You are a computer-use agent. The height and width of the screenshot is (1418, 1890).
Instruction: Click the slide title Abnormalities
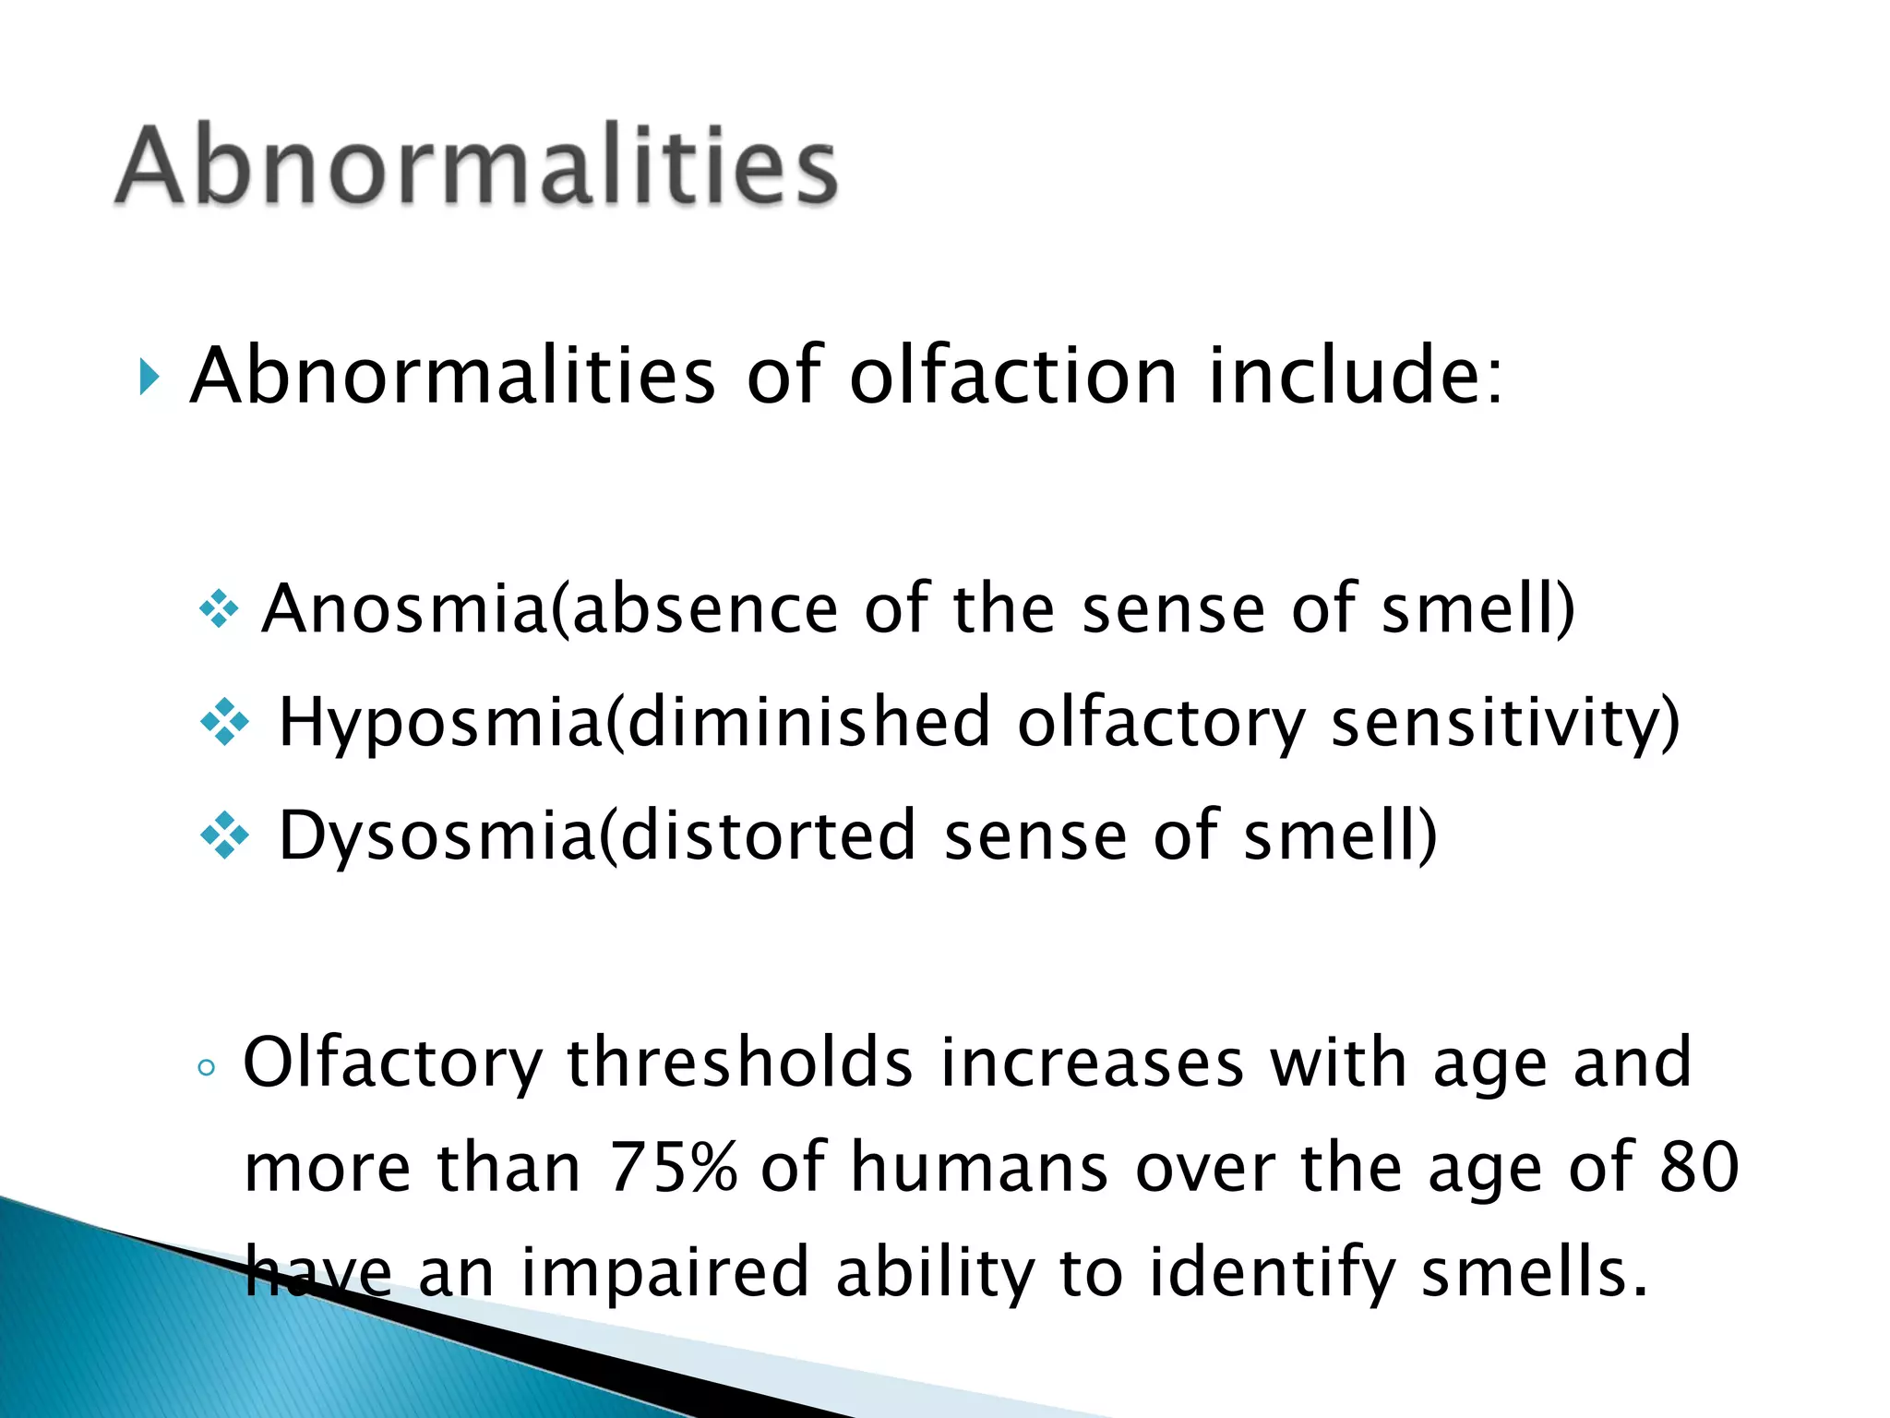[476, 165]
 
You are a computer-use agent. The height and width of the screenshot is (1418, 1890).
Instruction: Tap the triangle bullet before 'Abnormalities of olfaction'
[150, 378]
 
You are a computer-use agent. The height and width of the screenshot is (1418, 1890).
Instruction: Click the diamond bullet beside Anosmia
[219, 610]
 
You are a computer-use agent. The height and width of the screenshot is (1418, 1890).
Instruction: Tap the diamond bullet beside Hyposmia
[224, 723]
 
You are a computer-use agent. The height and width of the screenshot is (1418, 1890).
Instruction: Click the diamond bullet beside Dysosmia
[224, 836]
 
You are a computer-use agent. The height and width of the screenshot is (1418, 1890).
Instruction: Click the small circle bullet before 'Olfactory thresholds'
[207, 1068]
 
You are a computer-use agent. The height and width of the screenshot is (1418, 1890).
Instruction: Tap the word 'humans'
[979, 1168]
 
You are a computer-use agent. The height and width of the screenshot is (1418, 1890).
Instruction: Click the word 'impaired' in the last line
[664, 1273]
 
